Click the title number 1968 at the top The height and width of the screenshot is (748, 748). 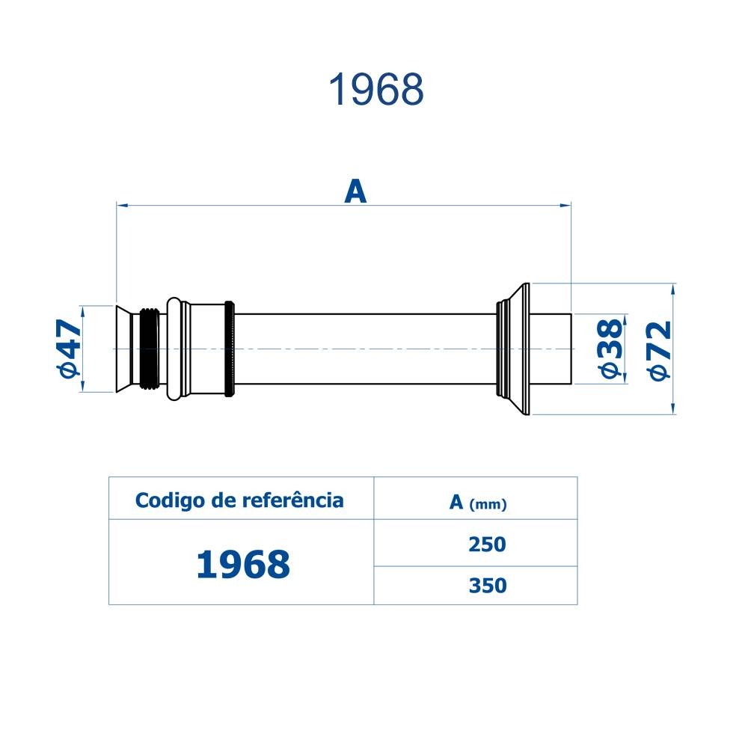pyautogui.click(x=376, y=90)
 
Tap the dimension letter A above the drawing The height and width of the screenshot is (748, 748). pyautogui.click(x=355, y=191)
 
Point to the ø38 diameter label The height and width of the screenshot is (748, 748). pyautogui.click(x=609, y=348)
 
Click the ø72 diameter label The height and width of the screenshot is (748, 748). pyautogui.click(x=660, y=349)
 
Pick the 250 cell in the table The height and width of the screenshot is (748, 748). pyautogui.click(x=487, y=545)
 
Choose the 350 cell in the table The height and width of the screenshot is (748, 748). pyautogui.click(x=487, y=585)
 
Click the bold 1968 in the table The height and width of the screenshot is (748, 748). pyautogui.click(x=242, y=565)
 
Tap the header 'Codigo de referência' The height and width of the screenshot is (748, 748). pyautogui.click(x=239, y=500)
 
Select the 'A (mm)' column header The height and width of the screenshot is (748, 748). pyautogui.click(x=477, y=503)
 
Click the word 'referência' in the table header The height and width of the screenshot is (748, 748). pyautogui.click(x=294, y=500)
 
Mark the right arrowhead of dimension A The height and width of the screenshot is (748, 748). pyautogui.click(x=565, y=203)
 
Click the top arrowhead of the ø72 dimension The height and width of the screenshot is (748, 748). pyautogui.click(x=673, y=289)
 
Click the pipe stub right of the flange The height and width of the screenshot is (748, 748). pyautogui.click(x=551, y=349)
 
